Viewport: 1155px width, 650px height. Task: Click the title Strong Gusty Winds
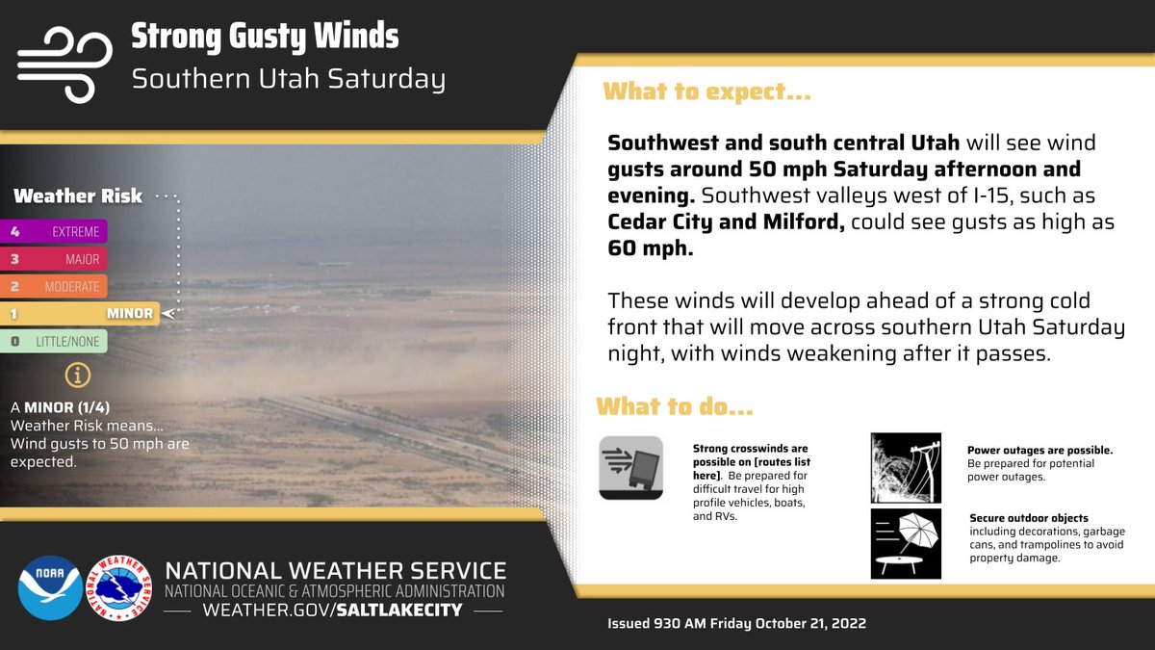[264, 37]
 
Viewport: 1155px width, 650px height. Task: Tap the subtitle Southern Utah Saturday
[288, 78]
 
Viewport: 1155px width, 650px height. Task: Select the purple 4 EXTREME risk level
[54, 231]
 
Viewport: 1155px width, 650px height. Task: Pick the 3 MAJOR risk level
[54, 259]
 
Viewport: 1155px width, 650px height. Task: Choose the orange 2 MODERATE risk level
[54, 286]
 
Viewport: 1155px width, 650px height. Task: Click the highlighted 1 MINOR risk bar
[79, 313]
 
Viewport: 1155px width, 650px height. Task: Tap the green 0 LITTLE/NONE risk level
[54, 341]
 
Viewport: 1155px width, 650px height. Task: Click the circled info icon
[72, 376]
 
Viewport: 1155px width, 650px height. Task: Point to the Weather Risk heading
[78, 196]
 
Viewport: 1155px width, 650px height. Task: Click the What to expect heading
[706, 93]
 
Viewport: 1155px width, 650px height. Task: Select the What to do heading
[674, 406]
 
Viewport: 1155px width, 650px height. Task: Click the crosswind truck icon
[630, 467]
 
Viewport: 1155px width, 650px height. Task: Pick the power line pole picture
[905, 467]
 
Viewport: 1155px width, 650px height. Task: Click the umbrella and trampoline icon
[905, 543]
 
